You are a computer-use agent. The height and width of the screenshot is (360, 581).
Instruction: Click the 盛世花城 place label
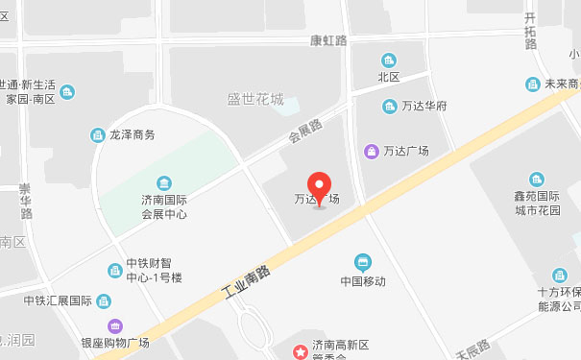point(254,99)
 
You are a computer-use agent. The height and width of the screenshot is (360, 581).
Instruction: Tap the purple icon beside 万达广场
point(371,151)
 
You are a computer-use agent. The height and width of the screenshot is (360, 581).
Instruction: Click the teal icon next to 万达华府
point(390,106)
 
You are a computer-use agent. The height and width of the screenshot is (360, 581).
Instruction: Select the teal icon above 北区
point(388,60)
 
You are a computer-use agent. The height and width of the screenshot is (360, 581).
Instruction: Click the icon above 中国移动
point(363,261)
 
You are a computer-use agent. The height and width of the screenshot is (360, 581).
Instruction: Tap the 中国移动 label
point(363,281)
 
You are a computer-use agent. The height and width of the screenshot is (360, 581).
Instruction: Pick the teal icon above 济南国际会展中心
point(164,183)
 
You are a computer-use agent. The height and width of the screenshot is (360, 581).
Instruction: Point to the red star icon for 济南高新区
point(303,347)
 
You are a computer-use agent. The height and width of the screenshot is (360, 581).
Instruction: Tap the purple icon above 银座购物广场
point(115,325)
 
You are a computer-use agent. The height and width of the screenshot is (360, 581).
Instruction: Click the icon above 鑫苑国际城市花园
point(536,180)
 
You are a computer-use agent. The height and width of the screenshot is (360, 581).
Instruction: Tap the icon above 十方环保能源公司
point(559,276)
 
